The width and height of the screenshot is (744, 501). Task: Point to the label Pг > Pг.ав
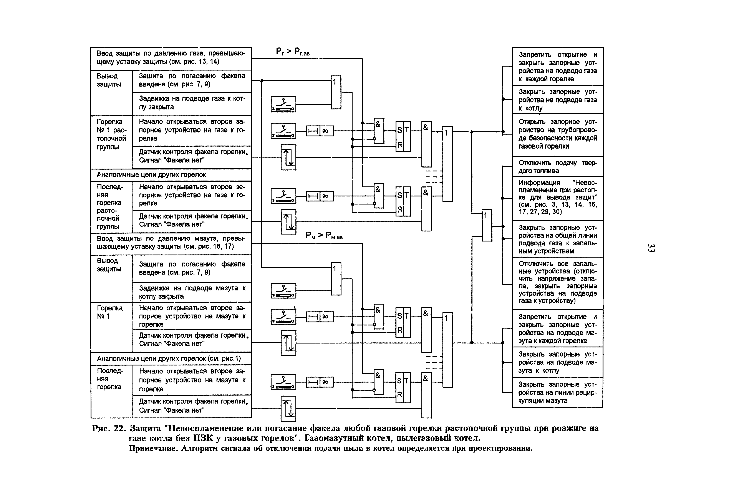click(293, 52)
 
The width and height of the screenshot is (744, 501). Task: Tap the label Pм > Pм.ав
click(324, 236)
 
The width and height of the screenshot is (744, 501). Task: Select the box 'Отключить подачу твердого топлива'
click(557, 166)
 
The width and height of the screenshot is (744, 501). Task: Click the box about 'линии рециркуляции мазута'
click(557, 392)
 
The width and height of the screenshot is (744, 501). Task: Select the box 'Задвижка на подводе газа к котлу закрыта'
click(192, 103)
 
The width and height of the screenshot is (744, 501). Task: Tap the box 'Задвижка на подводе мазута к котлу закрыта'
click(192, 292)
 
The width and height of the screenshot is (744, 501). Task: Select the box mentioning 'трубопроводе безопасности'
click(557, 134)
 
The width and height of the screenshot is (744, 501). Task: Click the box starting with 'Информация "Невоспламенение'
click(557, 198)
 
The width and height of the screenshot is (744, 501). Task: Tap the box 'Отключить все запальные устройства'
click(557, 282)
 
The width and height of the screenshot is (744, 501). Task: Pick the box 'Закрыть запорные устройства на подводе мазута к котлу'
click(557, 362)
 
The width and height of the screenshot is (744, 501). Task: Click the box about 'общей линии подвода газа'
click(557, 239)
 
